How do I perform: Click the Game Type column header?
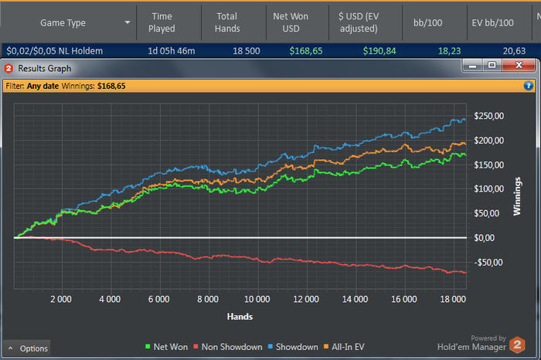[x=63, y=23]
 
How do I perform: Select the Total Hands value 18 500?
[x=239, y=50]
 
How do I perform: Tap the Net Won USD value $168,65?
[x=305, y=50]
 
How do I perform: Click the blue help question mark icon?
[x=529, y=86]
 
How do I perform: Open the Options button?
[x=28, y=348]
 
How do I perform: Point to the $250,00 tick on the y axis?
[x=488, y=116]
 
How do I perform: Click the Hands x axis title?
[x=240, y=316]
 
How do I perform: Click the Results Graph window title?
[x=44, y=68]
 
